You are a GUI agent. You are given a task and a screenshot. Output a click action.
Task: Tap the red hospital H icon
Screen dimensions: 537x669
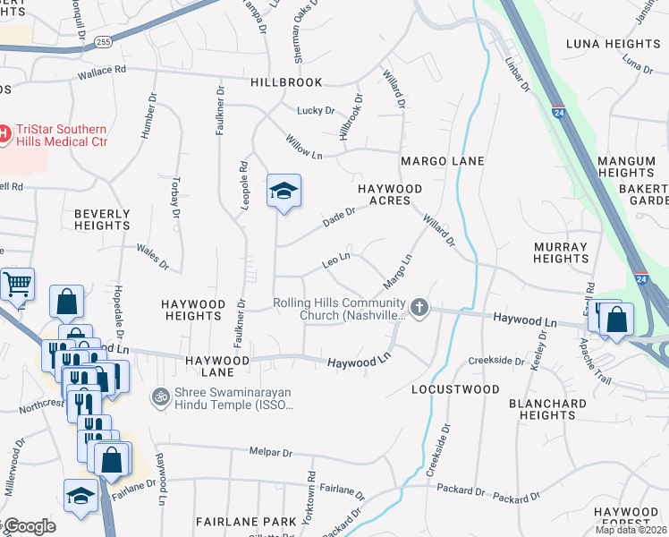pos(3,135)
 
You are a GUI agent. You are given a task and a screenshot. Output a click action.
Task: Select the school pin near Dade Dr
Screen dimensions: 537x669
pos(284,191)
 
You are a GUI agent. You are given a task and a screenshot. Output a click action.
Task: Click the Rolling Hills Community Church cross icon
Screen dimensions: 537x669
pos(419,309)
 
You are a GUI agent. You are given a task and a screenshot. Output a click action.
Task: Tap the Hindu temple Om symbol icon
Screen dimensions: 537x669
pos(161,395)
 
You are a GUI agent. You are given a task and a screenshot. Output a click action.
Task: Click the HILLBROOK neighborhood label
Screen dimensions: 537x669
pos(285,81)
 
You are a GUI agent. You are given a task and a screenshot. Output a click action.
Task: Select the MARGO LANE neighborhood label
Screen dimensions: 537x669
pos(442,161)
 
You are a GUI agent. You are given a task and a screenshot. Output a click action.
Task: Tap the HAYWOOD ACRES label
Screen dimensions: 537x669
pos(389,194)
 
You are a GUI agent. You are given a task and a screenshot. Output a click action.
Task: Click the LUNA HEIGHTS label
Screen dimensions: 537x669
pos(613,44)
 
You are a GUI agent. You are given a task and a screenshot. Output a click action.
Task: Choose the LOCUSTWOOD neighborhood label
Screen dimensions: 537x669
pos(455,390)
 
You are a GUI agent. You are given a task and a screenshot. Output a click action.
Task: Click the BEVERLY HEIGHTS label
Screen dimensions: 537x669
pos(102,219)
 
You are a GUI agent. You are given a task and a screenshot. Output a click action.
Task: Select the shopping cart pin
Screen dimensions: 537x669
pos(18,285)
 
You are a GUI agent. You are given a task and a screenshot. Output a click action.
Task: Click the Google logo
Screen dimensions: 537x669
pos(29,525)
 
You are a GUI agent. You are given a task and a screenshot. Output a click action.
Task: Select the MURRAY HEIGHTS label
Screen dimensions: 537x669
pos(560,252)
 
